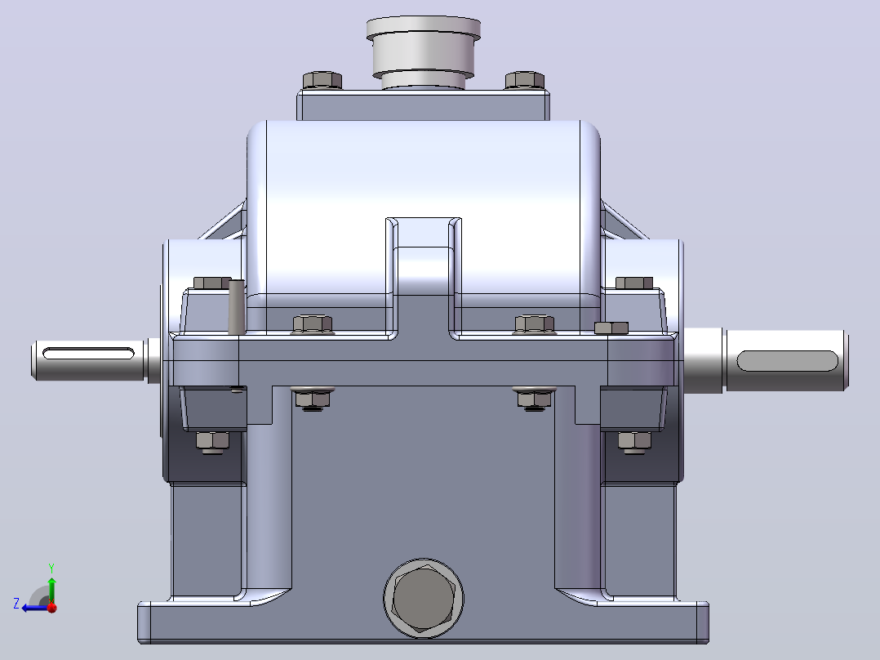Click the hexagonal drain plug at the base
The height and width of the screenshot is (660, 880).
[423, 599]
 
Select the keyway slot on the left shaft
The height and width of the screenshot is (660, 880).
[89, 354]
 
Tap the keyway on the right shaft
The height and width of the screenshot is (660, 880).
[787, 360]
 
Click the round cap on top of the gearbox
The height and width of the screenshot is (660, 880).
[423, 51]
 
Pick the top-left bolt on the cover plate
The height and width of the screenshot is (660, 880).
[322, 80]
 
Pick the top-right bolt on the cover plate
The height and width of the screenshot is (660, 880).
[525, 80]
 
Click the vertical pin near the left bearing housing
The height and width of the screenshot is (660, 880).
[236, 306]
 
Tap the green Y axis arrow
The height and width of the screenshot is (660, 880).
[51, 584]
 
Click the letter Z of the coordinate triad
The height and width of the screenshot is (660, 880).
[16, 604]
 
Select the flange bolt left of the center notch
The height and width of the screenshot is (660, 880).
[313, 324]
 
